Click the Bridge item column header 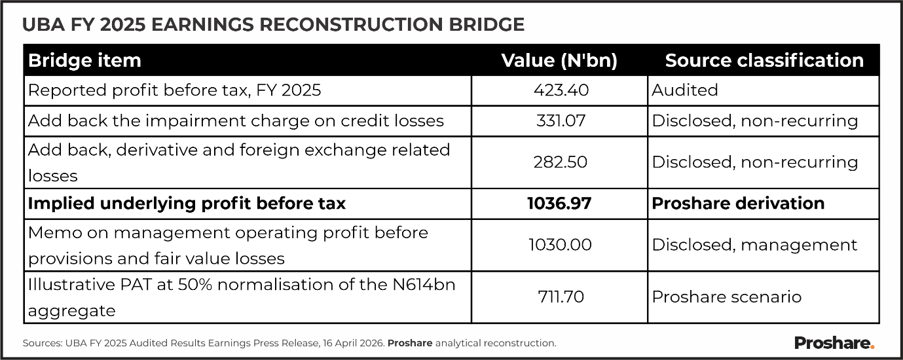coord(84,61)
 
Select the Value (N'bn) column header coord(559,61)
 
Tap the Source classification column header coord(764,61)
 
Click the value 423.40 coord(559,90)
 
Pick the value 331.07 coord(559,121)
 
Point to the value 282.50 coord(559,162)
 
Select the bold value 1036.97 coord(559,204)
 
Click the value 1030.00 coord(559,245)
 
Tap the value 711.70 coord(559,297)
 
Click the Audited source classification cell coord(685,90)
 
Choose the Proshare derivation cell coord(738,204)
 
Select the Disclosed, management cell coord(754,245)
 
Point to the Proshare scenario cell coord(727,297)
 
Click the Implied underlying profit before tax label coord(187,204)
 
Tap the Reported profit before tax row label coord(174,90)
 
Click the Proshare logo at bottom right coord(834,342)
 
